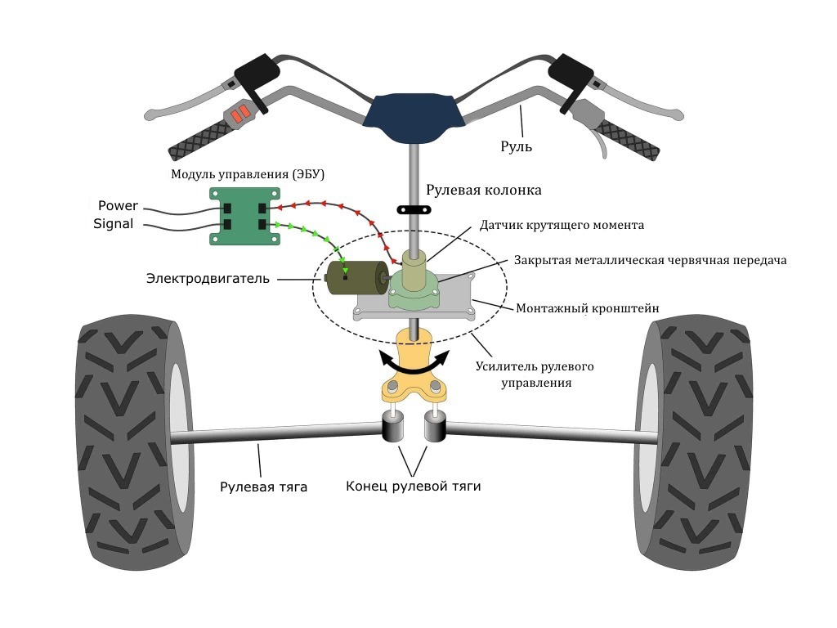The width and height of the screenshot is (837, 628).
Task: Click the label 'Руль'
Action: point(517,147)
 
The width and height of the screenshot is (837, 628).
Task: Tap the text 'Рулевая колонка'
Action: point(484,190)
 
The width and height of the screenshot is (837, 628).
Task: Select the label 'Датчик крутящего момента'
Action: point(562,224)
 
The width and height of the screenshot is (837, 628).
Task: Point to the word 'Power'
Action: point(118,206)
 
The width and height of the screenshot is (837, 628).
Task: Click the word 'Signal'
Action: point(114,223)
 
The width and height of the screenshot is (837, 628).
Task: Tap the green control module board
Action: point(244,215)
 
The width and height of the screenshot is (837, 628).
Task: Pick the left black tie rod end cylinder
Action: point(395,428)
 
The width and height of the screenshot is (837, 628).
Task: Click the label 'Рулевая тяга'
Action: point(263,487)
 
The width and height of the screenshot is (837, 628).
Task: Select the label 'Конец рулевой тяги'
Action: point(413,487)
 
